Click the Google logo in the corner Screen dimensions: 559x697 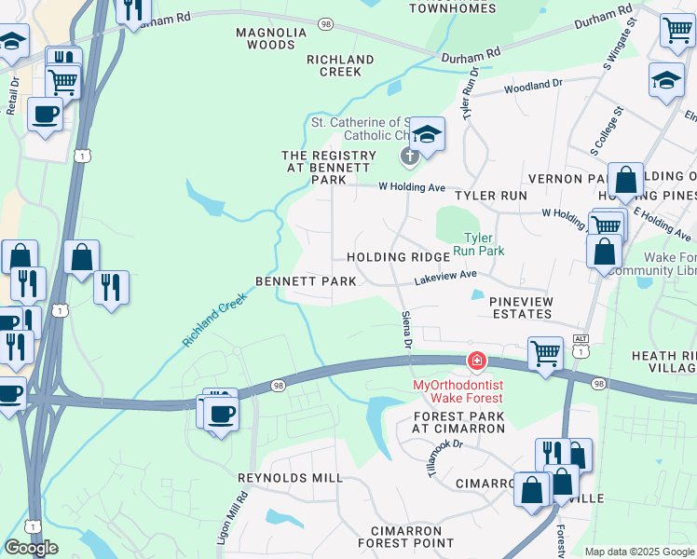point(31,548)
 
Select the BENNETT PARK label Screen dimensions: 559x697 point(307,281)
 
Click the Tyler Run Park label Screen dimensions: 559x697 point(478,244)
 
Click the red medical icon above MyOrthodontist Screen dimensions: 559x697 point(476,361)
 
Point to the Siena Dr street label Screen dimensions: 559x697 point(406,331)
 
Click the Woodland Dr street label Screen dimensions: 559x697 point(534,87)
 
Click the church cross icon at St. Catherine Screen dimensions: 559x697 point(408,156)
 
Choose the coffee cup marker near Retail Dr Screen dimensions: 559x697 point(45,115)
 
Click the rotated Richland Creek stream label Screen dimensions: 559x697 point(214,320)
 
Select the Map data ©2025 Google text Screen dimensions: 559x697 point(639,552)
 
